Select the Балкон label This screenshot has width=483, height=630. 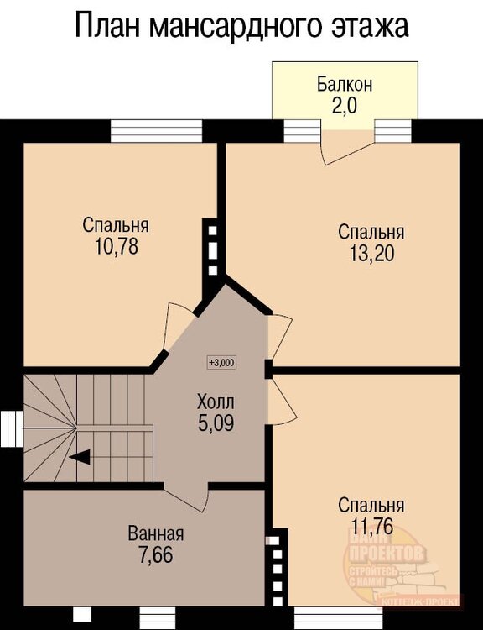(345, 84)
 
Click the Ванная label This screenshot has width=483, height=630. (156, 533)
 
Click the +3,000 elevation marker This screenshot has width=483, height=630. (222, 363)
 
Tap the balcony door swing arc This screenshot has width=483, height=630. (344, 151)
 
